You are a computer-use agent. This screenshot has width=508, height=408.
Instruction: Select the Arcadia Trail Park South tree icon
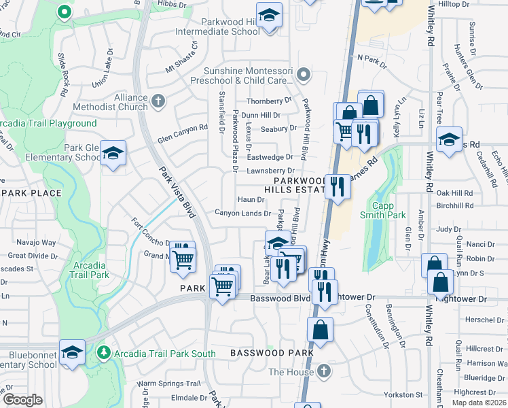[x=103, y=353]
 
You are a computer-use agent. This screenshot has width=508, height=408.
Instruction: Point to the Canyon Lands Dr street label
[x=243, y=214]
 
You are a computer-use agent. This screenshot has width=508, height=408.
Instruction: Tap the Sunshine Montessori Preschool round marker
[x=304, y=74]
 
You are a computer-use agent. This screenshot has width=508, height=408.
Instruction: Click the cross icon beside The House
[x=324, y=371]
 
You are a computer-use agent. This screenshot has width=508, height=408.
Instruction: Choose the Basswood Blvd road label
[x=280, y=299]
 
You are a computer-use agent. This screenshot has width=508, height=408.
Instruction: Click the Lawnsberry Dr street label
[x=270, y=171]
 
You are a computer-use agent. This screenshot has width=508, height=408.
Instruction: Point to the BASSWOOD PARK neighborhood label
[x=272, y=353]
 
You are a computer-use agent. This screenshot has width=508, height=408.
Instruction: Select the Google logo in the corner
[x=22, y=400]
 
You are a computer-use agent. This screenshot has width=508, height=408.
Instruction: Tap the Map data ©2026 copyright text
[x=479, y=403]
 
